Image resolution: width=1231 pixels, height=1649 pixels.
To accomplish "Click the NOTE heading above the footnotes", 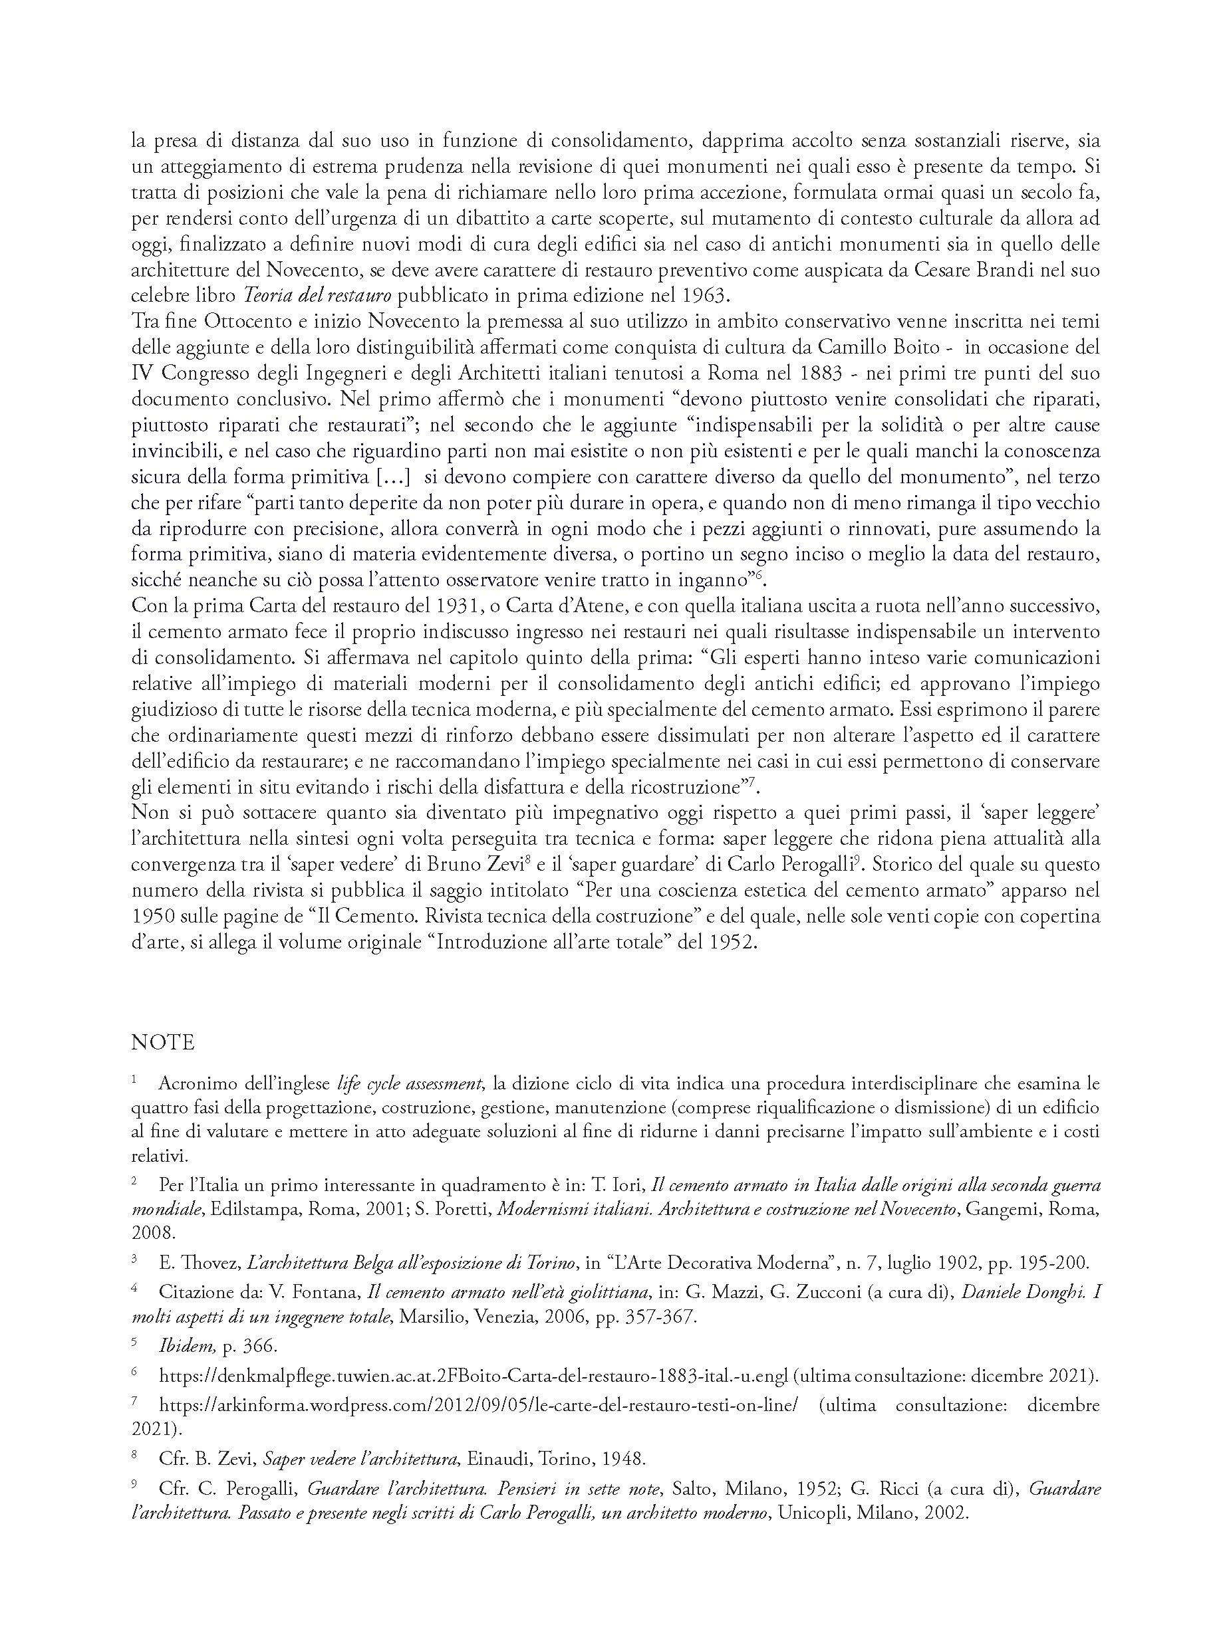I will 162,1042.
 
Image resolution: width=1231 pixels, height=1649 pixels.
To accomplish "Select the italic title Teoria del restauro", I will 317,296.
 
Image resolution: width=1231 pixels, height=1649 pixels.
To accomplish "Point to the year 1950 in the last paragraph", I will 153,917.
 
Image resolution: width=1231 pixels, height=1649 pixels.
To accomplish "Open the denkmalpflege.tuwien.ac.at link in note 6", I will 473,1376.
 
